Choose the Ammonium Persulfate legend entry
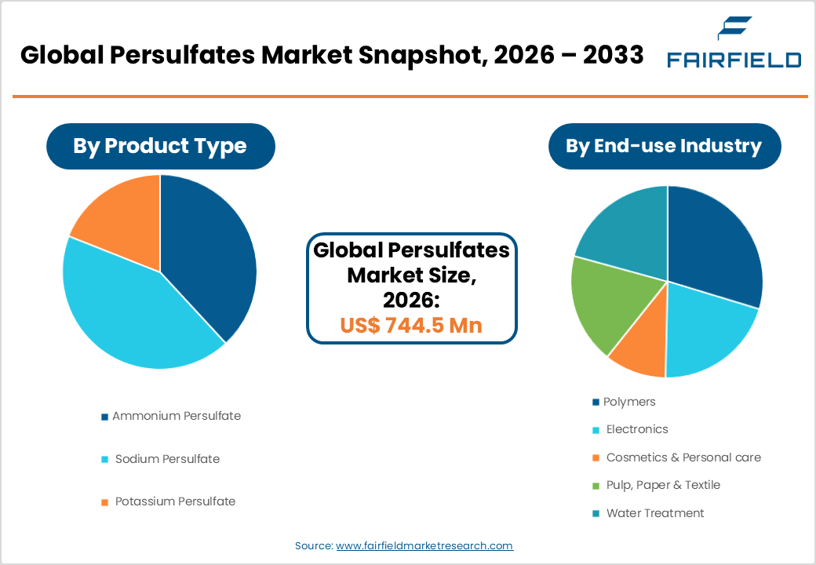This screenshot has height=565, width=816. [x=176, y=416]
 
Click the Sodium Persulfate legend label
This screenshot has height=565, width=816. [x=167, y=459]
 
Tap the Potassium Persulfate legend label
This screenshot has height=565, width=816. [x=175, y=501]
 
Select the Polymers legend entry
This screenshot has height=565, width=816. [x=629, y=402]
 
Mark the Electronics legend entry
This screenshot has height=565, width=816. [x=636, y=429]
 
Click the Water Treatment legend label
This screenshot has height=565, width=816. [x=654, y=513]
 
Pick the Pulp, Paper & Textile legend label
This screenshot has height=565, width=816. [x=663, y=485]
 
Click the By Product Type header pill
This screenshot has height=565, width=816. [x=160, y=146]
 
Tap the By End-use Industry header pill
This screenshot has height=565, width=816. [x=664, y=146]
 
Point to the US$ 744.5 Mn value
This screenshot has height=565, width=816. [x=411, y=325]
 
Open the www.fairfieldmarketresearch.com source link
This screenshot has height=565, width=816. [x=424, y=545]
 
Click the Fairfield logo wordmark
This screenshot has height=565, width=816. [x=734, y=60]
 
